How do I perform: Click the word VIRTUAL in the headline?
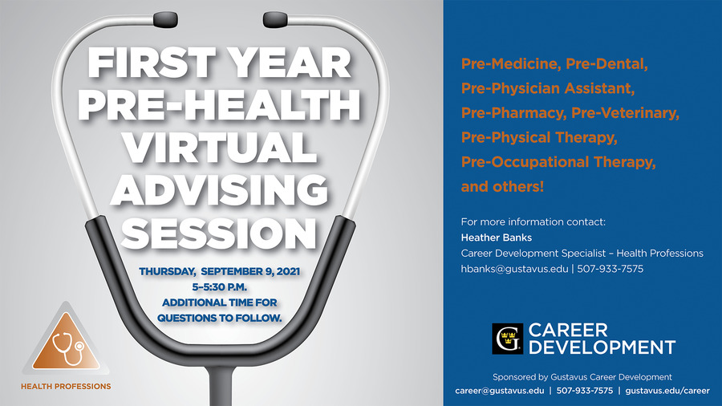tap(220, 148)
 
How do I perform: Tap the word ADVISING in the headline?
tap(219, 190)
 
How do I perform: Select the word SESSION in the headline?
tap(219, 233)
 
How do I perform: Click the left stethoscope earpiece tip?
tap(165, 19)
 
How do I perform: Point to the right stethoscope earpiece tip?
tap(275, 19)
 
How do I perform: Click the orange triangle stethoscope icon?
tap(66, 341)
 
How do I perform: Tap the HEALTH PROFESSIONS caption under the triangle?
tap(66, 386)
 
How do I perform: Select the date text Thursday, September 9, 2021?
tap(220, 271)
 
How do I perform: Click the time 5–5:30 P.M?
tap(220, 287)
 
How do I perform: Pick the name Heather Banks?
tap(497, 238)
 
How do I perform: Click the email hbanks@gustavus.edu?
tap(514, 269)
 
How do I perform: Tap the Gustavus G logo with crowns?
tap(508, 339)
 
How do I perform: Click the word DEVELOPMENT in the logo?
tap(602, 347)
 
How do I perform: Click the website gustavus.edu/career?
tap(667, 391)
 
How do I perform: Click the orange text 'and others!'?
tap(502, 186)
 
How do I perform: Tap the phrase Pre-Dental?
tap(606, 63)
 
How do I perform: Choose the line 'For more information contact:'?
tap(533, 222)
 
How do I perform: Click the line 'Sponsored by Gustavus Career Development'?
tap(582, 377)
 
